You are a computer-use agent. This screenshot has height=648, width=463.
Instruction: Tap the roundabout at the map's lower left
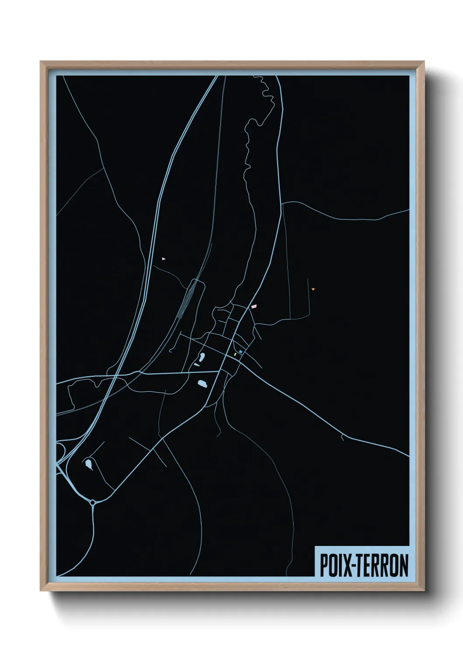coord(92,502)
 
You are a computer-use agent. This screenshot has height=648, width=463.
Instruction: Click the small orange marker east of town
coord(313,289)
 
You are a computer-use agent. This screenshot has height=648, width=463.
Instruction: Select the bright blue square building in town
coord(241,352)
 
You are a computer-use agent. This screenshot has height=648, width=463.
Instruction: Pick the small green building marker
coord(235,354)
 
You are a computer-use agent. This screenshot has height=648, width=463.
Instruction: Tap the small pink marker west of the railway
coord(164,258)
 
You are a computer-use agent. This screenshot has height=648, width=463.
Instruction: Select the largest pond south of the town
coord(202,384)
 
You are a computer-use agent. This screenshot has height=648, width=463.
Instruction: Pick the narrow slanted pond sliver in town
coord(197,364)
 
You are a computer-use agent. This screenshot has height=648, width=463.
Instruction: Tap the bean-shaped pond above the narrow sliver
coord(202,357)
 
